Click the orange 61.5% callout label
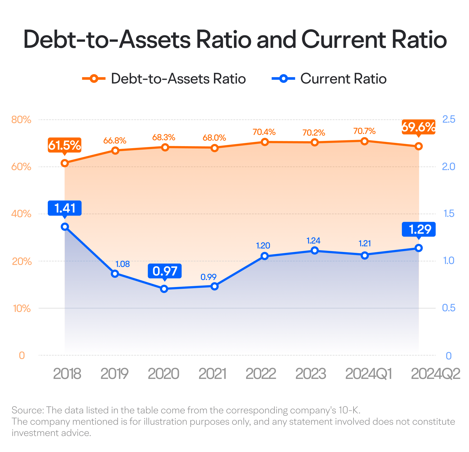[65, 145]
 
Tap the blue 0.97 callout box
[165, 271]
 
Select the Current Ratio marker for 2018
[65, 227]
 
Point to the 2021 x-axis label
[212, 374]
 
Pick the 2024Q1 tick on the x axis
[368, 374]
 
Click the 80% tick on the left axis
[21, 120]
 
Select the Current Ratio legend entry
[329, 79]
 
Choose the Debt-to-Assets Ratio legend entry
[164, 79]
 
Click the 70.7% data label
[364, 131]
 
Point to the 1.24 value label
[314, 241]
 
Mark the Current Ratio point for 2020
[164, 289]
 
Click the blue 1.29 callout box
[419, 229]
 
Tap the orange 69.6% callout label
[419, 127]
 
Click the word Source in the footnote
[28, 410]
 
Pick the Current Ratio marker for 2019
[115, 274]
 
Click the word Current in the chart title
[343, 39]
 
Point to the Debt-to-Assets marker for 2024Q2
[419, 146]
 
